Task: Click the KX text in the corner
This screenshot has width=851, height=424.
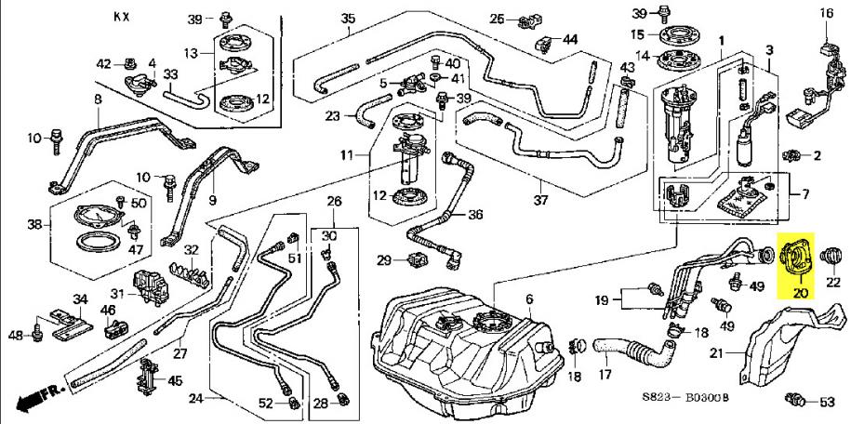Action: (x=122, y=17)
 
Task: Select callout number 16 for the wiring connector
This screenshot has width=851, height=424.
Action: (x=827, y=13)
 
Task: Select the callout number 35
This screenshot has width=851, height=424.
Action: (x=348, y=19)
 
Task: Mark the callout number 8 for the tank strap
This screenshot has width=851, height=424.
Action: (x=97, y=99)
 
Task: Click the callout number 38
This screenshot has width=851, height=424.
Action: (x=35, y=224)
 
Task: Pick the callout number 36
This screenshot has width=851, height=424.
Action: (x=476, y=214)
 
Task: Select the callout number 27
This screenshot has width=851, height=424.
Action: (x=180, y=353)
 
